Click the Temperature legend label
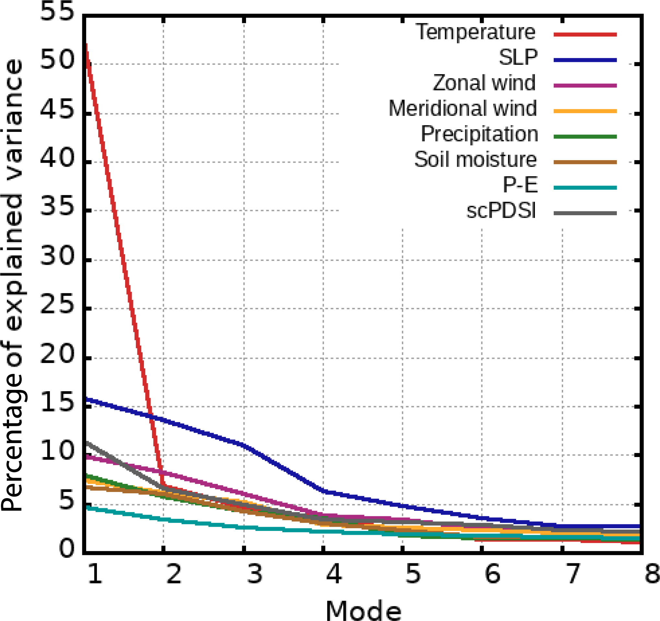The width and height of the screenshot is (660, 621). [x=475, y=32]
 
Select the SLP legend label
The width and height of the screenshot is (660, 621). [x=518, y=57]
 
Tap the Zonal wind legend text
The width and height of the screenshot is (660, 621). [x=484, y=83]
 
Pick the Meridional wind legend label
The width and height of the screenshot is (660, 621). [x=462, y=108]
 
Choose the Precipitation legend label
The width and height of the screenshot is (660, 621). [x=479, y=134]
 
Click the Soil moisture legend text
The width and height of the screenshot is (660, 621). [x=475, y=159]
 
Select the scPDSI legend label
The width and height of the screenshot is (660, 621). [x=501, y=210]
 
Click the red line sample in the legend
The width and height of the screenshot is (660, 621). [x=585, y=35]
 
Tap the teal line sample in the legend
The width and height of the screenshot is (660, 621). [x=585, y=188]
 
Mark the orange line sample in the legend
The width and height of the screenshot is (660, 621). [x=585, y=111]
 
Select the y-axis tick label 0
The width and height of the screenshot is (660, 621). [x=66, y=548]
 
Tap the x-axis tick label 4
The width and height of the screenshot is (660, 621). [x=334, y=574]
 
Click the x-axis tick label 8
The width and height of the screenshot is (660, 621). [x=652, y=574]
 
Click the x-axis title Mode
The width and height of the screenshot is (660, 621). [x=363, y=610]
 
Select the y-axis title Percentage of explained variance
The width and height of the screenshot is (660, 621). [x=13, y=286]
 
